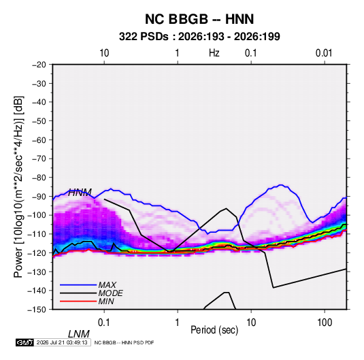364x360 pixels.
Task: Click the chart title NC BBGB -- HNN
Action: coord(199,19)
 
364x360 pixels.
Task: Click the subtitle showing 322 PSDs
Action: coord(199,37)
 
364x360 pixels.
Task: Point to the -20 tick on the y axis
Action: coord(39,65)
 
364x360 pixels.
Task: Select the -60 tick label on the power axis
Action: coord(39,140)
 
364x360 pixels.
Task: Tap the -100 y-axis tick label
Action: coord(37,215)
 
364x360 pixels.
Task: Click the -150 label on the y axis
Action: coord(37,310)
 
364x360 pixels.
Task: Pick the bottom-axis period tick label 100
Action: coord(325,323)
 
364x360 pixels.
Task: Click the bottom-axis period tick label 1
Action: coord(178,323)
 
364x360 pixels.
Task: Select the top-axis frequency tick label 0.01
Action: coord(324,53)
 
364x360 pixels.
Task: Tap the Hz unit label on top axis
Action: coord(214,53)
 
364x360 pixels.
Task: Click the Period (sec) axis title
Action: coord(214,330)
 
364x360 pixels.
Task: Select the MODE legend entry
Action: coord(91,293)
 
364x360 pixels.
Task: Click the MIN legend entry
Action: coord(87,301)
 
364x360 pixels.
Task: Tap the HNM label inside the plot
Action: coord(80,193)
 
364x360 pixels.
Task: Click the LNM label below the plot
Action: coord(79,334)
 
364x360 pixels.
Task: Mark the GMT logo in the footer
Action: coord(25,342)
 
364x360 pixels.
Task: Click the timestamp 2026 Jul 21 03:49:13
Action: coord(62,342)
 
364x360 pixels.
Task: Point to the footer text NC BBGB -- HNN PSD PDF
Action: coord(125,342)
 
